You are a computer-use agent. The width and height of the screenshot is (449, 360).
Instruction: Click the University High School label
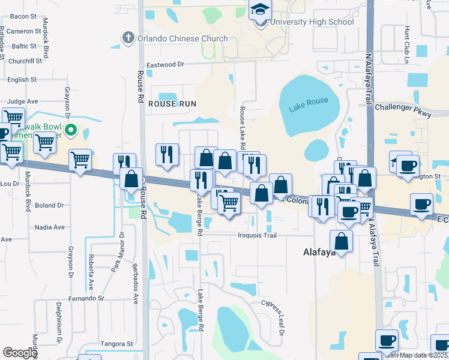point(312,22)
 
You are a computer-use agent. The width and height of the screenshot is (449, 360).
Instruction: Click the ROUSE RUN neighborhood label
point(172,104)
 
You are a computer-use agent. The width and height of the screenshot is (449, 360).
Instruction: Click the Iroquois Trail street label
point(257,235)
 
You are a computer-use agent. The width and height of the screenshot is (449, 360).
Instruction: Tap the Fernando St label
point(86,298)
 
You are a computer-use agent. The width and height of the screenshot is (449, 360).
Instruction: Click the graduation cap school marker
point(261,10)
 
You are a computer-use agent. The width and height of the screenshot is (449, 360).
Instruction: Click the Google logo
point(20,353)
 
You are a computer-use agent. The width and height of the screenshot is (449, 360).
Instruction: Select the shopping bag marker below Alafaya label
point(341,241)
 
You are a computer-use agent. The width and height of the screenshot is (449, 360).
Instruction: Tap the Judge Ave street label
point(23,101)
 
